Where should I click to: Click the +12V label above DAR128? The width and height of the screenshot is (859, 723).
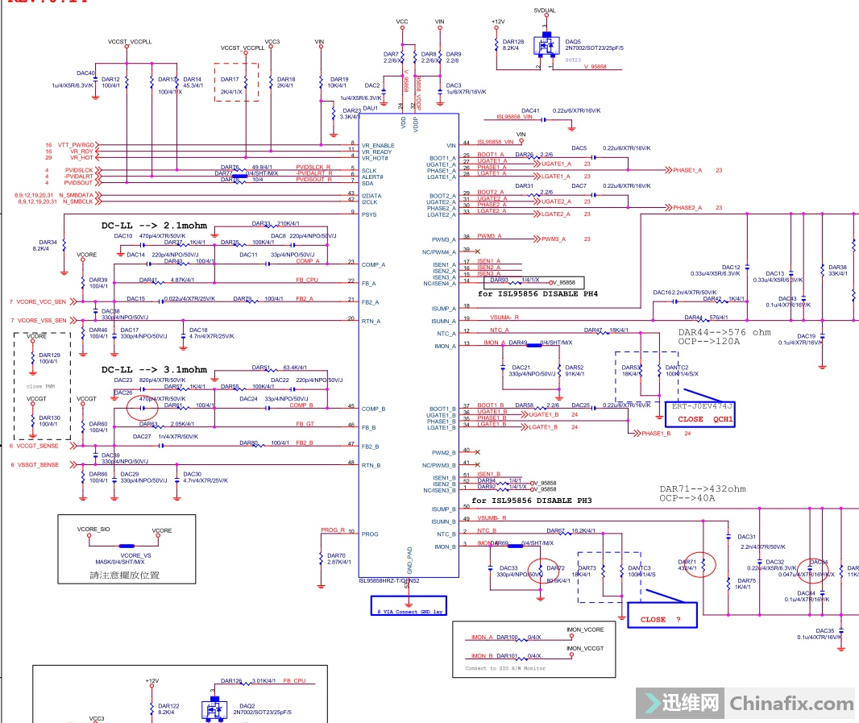tap(498, 22)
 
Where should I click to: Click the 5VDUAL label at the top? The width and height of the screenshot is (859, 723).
tap(545, 10)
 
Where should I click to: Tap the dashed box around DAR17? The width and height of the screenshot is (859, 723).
tap(236, 82)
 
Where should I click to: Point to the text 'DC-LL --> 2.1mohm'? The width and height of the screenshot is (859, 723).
tap(154, 226)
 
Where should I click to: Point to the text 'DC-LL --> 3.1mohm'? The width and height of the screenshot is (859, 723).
tap(154, 370)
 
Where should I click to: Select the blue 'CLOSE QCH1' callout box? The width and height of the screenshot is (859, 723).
tap(701, 413)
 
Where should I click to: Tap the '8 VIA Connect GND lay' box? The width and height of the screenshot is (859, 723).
tap(406, 606)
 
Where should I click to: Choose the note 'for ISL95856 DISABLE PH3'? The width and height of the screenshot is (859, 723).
tap(532, 501)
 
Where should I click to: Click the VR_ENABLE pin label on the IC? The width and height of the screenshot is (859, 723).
tap(377, 145)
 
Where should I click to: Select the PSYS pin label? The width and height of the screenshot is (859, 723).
tap(370, 214)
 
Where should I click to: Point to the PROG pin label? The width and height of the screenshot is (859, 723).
tap(371, 534)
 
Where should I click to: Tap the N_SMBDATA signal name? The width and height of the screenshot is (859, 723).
tap(77, 195)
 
